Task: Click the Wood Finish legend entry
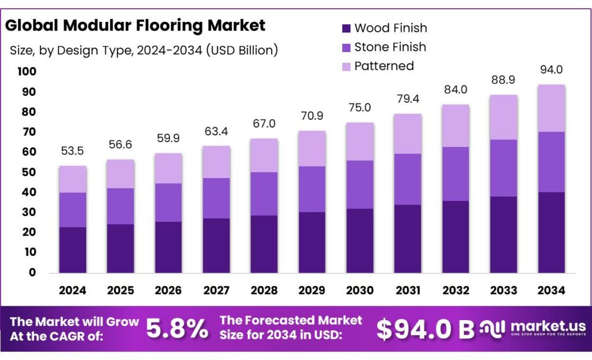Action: (390, 28)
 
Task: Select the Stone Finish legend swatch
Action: (346, 47)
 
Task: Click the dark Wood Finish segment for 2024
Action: (73, 250)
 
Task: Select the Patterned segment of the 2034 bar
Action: (551, 109)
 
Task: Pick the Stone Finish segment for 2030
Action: (360, 184)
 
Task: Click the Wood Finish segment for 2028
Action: (264, 244)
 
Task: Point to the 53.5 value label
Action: (73, 151)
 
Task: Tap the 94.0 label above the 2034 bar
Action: (551, 70)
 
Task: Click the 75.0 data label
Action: (360, 108)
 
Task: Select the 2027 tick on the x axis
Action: (216, 290)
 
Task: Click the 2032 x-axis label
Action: (456, 290)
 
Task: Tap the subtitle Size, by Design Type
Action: (144, 50)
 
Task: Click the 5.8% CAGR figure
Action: (177, 329)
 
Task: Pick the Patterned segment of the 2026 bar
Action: (168, 168)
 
